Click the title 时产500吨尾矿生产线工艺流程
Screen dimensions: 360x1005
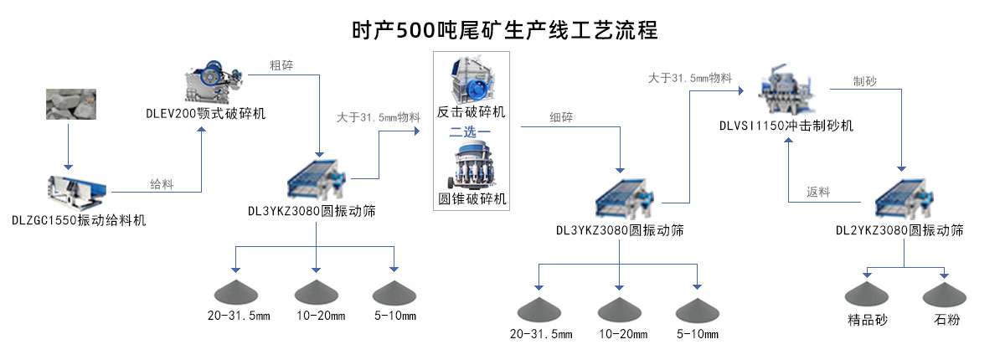tap(505, 29)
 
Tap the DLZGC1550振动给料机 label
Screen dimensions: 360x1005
tap(79, 221)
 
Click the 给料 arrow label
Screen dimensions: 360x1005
tap(162, 184)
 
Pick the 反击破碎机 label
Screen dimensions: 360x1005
tap(472, 111)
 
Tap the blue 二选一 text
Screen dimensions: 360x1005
tap(471, 132)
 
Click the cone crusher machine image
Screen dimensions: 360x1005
tap(472, 167)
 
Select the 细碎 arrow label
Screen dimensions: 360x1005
tap(562, 117)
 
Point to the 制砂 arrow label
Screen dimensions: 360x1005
tap(865, 81)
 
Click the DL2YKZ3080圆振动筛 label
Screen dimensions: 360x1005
tap(899, 229)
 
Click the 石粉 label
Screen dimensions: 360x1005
tap(946, 321)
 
